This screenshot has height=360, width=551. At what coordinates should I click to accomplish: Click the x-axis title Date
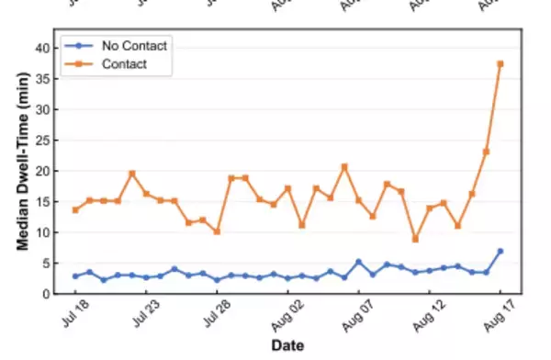(x=287, y=346)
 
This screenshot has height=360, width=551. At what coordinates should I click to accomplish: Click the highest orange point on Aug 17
(x=500, y=63)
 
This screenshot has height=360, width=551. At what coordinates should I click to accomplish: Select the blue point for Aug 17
(x=500, y=251)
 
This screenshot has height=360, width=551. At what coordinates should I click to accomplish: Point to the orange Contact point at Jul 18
(x=75, y=209)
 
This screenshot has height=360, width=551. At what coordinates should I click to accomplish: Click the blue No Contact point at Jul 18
(x=75, y=276)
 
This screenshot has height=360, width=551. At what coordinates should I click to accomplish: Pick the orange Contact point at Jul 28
(x=217, y=231)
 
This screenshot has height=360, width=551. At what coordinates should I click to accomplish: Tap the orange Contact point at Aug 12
(x=429, y=208)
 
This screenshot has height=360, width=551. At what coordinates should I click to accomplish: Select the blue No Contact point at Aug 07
(x=358, y=262)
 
